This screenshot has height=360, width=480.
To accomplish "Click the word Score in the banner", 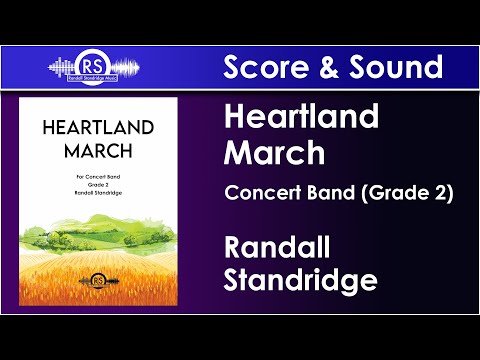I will pos(262,67).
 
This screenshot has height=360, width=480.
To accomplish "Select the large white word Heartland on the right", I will pos(301,118).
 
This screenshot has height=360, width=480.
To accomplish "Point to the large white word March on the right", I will pos(274,153).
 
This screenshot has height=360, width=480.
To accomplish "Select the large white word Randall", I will pos(277,245).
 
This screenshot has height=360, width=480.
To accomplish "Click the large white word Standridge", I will pos(300,279).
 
